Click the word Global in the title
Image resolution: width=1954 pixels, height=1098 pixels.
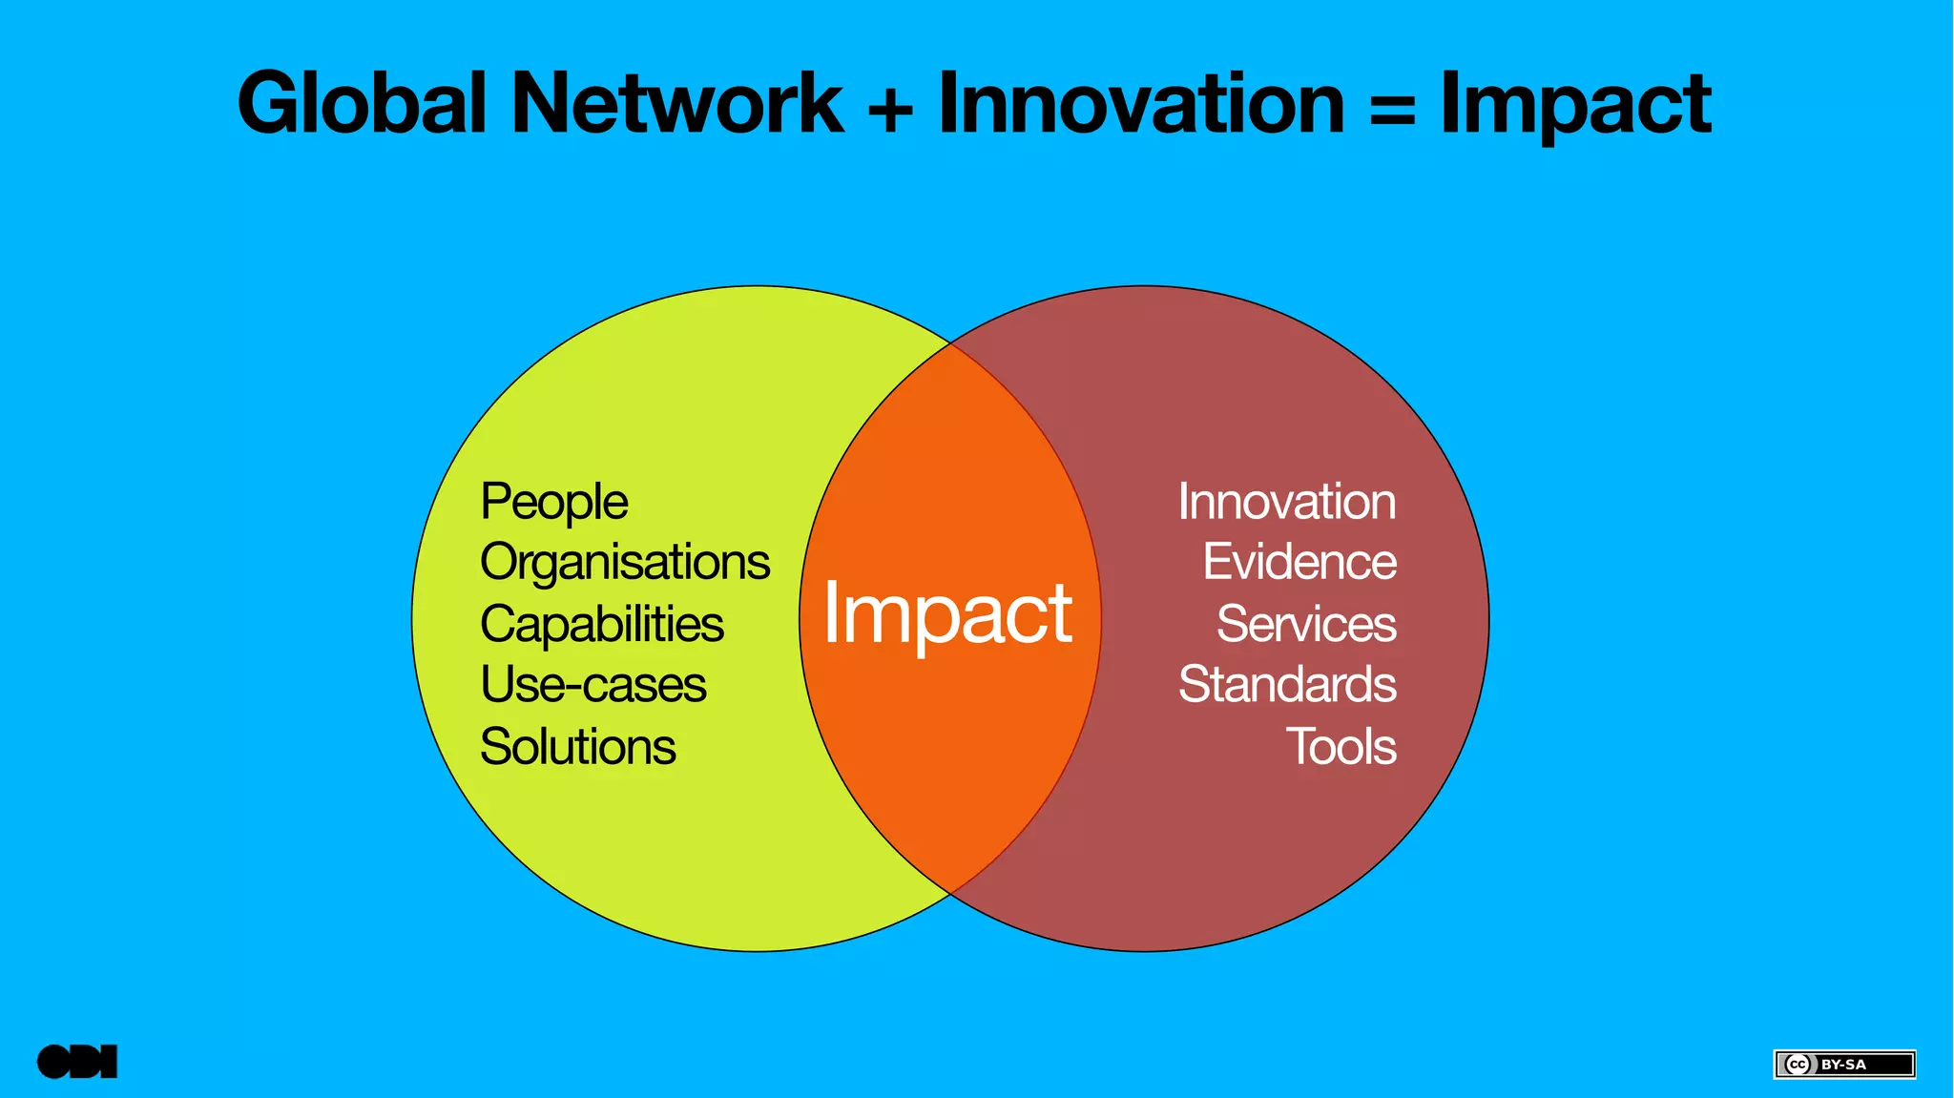pos(363,103)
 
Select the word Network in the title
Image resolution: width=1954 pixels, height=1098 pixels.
pos(677,103)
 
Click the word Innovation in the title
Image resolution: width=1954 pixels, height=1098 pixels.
pos(1141,103)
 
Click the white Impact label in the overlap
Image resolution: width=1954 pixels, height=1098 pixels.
pos(947,615)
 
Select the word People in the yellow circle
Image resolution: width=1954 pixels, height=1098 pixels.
pos(554,502)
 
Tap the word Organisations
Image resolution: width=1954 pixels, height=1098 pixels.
pos(625,563)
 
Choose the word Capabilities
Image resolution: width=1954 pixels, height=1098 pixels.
pos(602,624)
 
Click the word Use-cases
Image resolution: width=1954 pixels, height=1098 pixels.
pos(593,685)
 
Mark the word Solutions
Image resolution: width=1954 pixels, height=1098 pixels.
pos(578,746)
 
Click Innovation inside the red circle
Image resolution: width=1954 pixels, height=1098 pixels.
pos(1287,502)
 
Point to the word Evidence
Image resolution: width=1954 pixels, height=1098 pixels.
pos(1299,562)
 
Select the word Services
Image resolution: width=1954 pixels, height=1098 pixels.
pos(1306,624)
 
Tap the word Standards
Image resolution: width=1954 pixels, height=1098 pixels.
pos(1287,685)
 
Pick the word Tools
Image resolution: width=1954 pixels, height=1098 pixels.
pos(1341,746)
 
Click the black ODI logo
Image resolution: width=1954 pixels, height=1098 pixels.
pos(77,1062)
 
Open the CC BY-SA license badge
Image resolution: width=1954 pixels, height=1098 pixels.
pos(1844,1064)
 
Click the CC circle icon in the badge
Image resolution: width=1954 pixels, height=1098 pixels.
pos(1798,1065)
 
